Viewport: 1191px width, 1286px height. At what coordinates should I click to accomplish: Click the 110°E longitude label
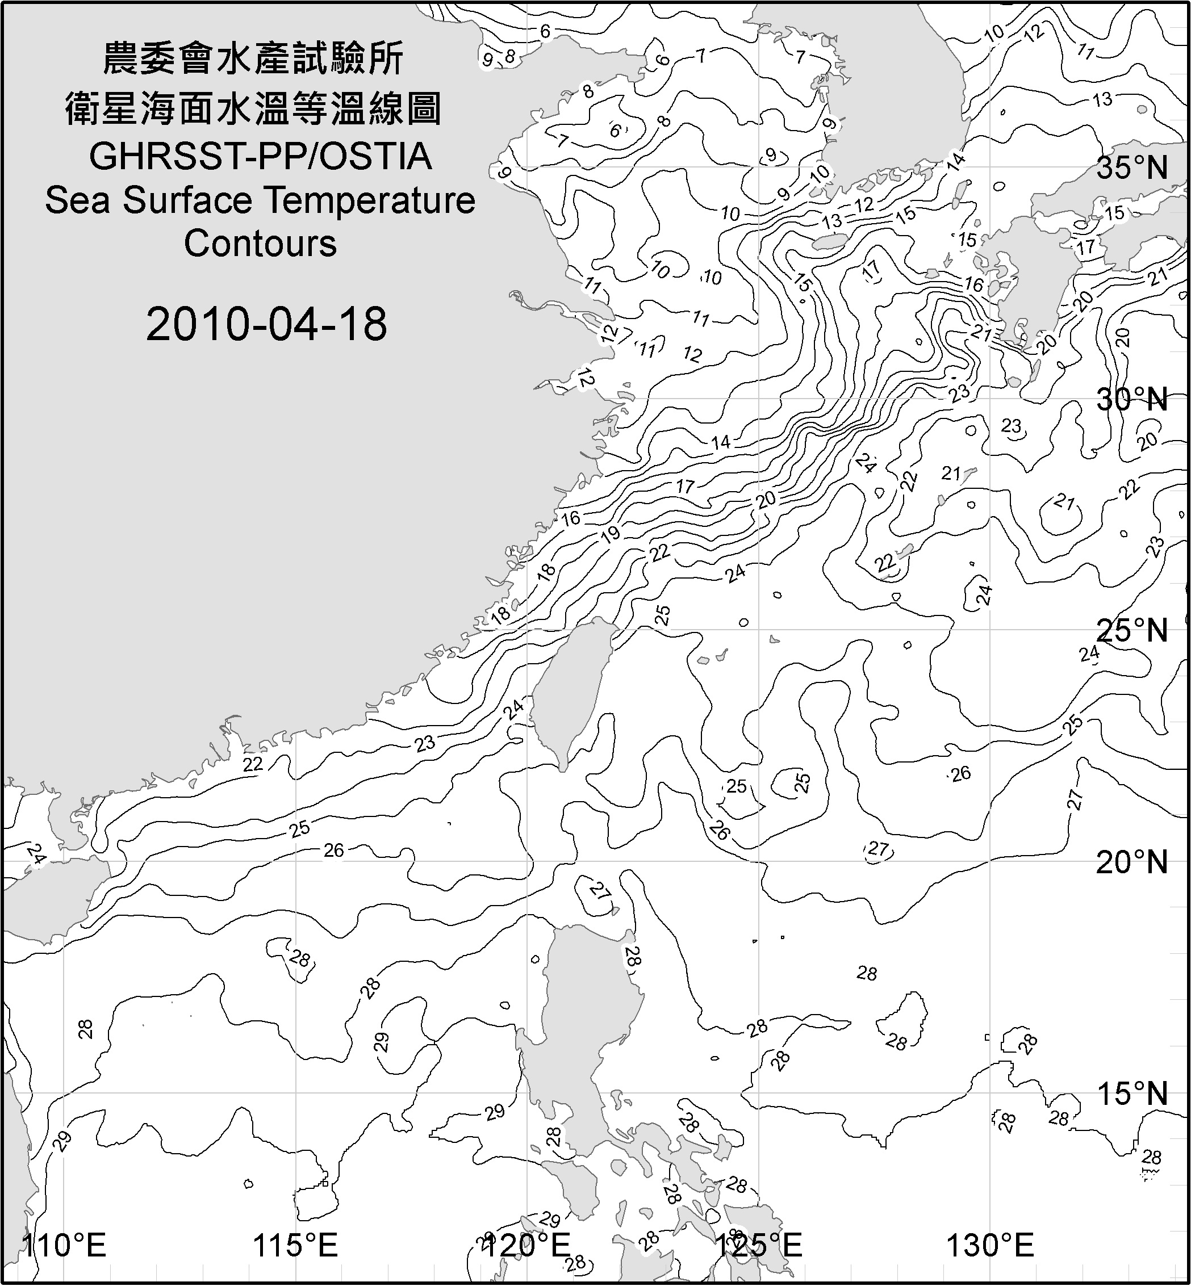64,1245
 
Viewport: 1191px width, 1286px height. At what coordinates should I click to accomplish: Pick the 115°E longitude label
295,1245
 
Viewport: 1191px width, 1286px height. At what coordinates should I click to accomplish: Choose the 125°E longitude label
759,1245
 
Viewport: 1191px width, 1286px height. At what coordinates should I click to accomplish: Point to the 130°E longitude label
990,1245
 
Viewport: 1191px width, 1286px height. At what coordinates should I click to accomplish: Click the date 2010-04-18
266,324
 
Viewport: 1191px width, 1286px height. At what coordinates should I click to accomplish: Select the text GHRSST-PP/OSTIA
260,157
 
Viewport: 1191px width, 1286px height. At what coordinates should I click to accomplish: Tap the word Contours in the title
260,244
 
